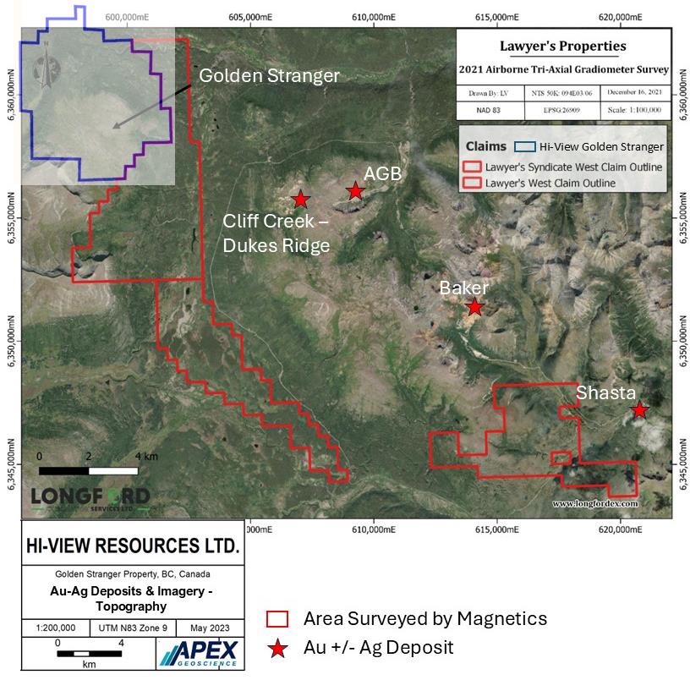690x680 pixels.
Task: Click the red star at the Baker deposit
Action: [474, 307]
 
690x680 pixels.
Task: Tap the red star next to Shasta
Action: [640, 410]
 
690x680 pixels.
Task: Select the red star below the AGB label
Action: [356, 191]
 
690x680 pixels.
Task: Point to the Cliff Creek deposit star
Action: [300, 200]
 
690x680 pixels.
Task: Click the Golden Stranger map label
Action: [269, 76]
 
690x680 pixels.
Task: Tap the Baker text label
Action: [464, 288]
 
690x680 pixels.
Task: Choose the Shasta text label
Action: [605, 392]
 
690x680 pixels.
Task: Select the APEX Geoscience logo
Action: [200, 652]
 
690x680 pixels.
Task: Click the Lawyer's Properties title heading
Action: [563, 46]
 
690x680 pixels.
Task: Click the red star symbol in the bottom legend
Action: [277, 649]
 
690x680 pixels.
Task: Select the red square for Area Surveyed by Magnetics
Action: [277, 618]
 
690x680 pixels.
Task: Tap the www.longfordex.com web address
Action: [594, 503]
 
